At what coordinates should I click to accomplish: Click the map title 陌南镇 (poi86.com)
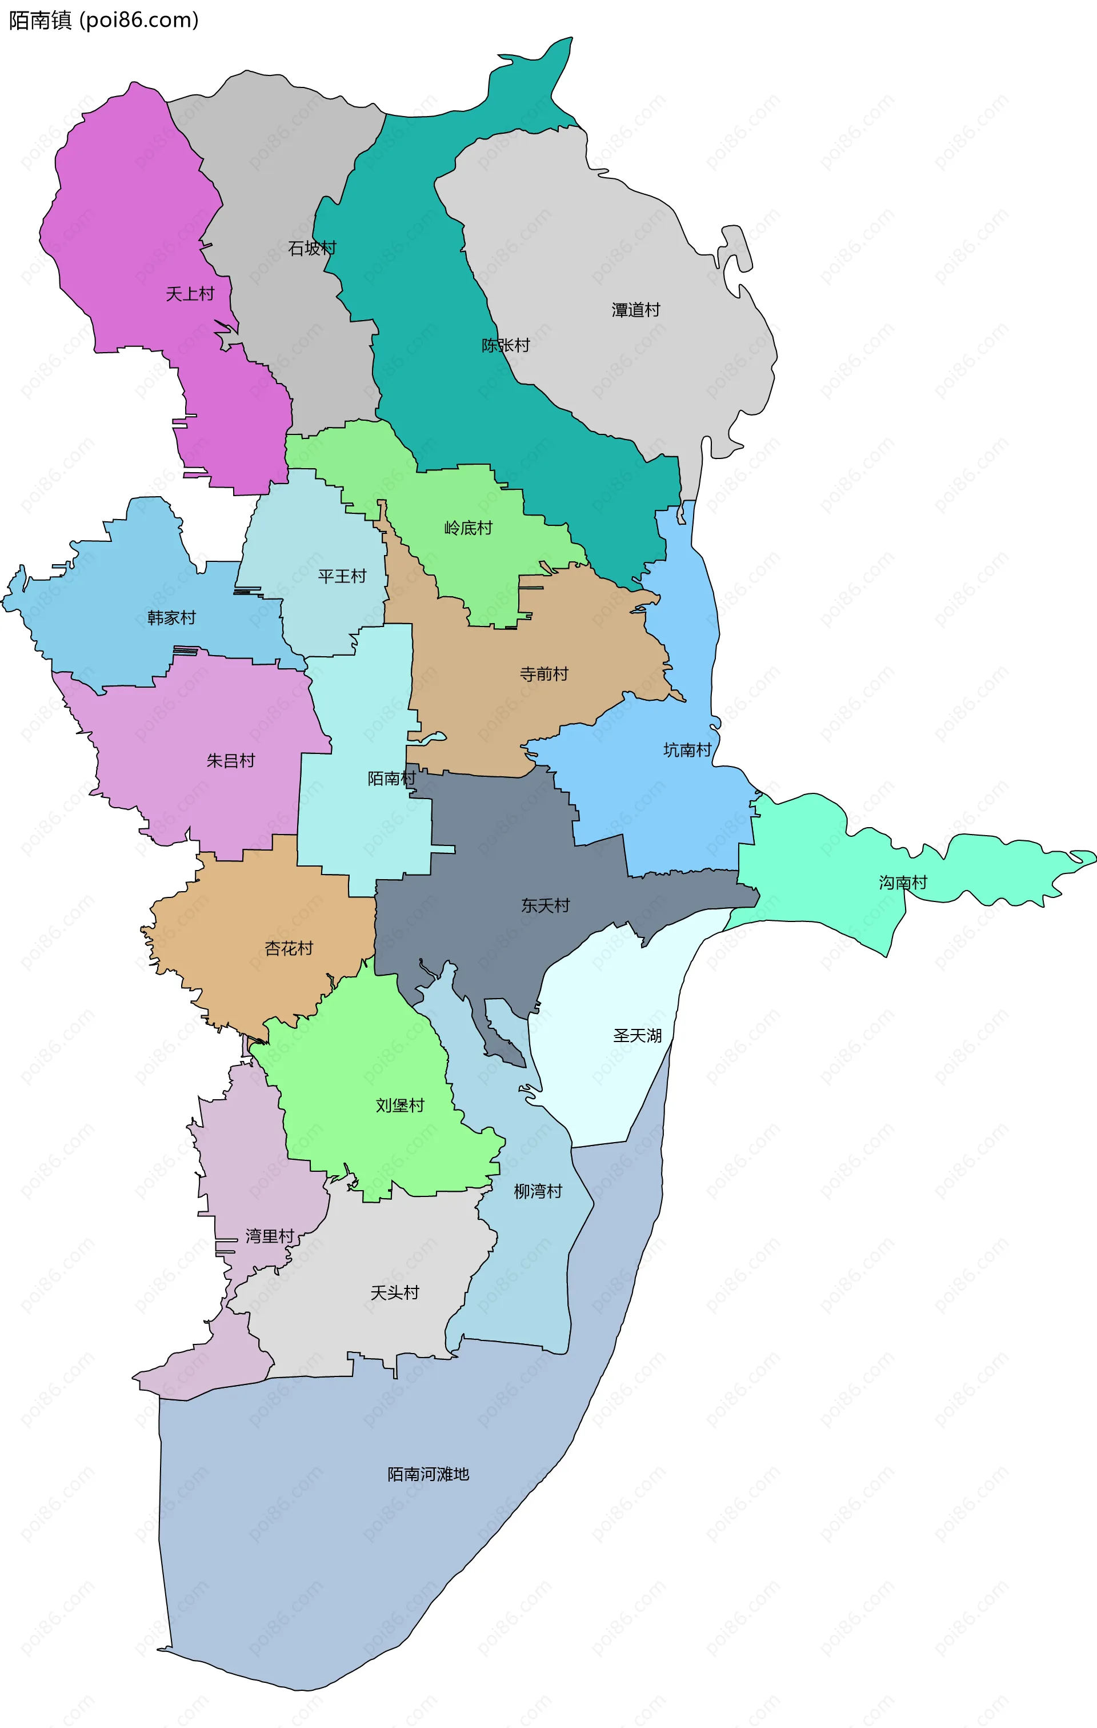point(103,20)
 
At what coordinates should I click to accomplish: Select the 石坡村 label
point(312,248)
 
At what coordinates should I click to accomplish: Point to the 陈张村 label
point(506,345)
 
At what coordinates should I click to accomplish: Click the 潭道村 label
point(636,310)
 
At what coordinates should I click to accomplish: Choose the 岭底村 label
point(469,528)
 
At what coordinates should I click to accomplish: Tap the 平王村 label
point(342,576)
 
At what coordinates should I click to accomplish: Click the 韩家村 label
point(171,618)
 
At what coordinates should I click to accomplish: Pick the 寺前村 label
point(544,674)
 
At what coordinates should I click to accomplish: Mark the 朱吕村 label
point(231,761)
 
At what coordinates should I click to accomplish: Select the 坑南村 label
point(687,750)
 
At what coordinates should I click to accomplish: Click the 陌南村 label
point(392,779)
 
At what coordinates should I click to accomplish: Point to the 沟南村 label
point(903,883)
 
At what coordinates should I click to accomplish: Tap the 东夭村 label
point(545,905)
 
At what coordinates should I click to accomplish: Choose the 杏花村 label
point(289,949)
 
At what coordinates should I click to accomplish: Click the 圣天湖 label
point(637,1036)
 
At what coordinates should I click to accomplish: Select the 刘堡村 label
point(401,1105)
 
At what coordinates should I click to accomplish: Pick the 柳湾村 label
point(538,1191)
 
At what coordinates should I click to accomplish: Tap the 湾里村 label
point(270,1236)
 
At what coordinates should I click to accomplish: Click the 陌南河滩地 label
point(429,1474)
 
